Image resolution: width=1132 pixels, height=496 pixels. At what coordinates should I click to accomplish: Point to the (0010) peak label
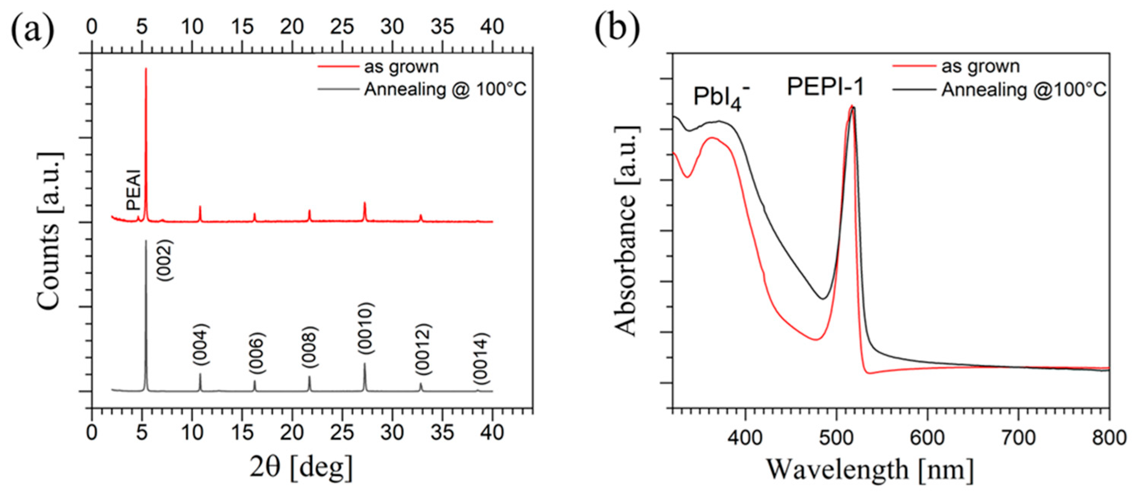coord(365,329)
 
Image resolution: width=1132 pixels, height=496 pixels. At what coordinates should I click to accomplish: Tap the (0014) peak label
coord(480,359)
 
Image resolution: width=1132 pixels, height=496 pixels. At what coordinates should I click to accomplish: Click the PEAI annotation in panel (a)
coord(133,190)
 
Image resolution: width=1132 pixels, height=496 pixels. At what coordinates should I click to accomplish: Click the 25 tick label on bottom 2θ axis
coord(342,433)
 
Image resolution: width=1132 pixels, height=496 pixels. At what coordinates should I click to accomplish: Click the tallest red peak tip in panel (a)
coord(146,69)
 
